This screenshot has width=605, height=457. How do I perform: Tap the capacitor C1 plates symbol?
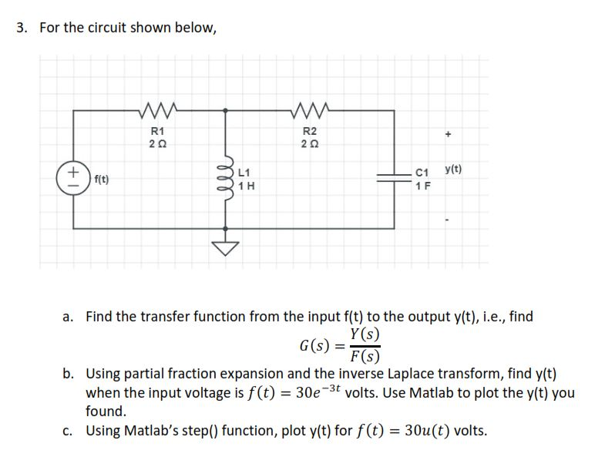[x=396, y=178]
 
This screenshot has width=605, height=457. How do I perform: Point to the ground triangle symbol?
[x=226, y=246]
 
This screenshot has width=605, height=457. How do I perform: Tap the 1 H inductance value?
[x=247, y=186]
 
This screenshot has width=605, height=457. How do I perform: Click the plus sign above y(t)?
[x=448, y=133]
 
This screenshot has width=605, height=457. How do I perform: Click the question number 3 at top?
[x=22, y=29]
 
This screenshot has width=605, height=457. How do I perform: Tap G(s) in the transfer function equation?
[x=314, y=344]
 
